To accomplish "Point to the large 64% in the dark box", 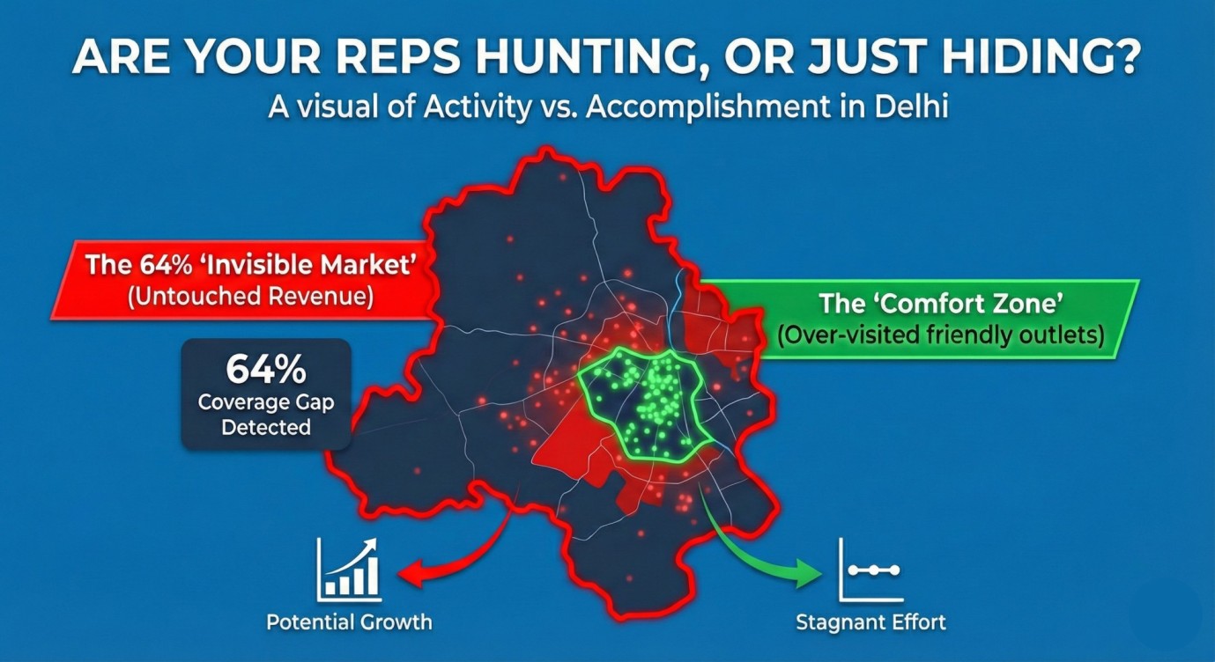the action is point(266,370).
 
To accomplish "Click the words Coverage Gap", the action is point(266,402).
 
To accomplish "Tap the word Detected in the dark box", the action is point(266,428).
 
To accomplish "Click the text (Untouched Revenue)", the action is point(250,297).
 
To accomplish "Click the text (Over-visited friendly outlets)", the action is point(940,335).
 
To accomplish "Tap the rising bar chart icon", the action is point(349,569).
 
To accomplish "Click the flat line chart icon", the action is point(870,570).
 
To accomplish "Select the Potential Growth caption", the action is point(349,622).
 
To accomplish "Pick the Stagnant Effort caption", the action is point(871,622).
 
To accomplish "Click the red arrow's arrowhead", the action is point(411,573).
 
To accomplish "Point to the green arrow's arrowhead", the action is point(808,572).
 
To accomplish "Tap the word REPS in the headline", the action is point(396,57).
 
